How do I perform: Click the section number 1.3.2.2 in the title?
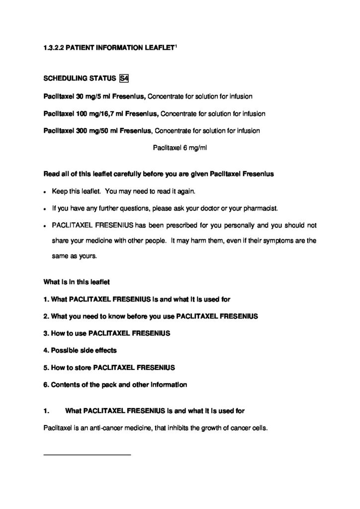click(53, 49)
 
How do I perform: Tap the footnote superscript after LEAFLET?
click(177, 47)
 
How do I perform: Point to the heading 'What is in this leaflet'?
click(77, 281)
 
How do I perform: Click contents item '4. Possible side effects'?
click(80, 350)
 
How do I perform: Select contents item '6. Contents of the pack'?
click(115, 384)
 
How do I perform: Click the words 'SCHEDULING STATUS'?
click(80, 79)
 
